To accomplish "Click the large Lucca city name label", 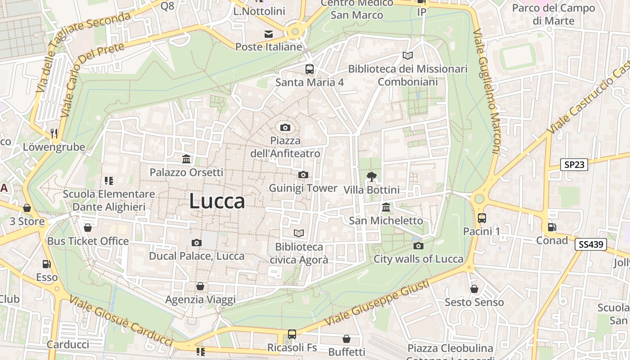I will [217, 201].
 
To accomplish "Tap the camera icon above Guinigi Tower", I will [303, 175].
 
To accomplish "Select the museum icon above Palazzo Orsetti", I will [186, 159].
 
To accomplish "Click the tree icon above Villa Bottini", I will [371, 176].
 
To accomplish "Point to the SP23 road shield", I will [575, 165].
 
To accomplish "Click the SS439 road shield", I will [590, 245].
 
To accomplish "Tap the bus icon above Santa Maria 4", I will [310, 69].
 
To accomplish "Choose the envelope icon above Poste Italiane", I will [269, 34].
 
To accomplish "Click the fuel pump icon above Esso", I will [46, 264].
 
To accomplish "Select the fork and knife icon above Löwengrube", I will [54, 133].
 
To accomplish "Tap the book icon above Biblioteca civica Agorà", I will [299, 233].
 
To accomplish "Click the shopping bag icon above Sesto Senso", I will [474, 289].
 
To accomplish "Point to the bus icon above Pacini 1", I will [482, 218].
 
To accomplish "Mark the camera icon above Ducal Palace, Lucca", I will [196, 243].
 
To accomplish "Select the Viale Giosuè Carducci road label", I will [121, 321].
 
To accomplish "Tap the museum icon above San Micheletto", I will [386, 207].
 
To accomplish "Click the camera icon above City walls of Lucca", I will [418, 246].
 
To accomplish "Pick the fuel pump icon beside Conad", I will [552, 227].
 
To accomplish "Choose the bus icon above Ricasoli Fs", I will [292, 334].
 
